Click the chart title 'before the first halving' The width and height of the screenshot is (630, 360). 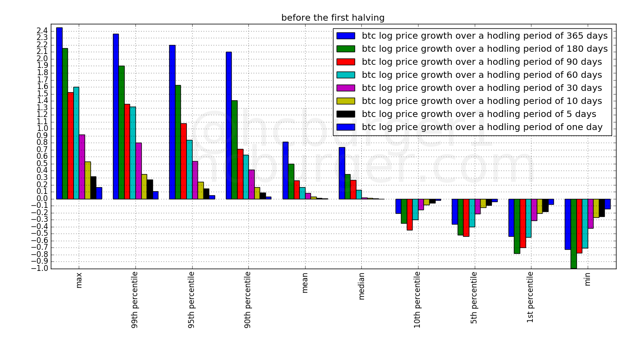point(333,18)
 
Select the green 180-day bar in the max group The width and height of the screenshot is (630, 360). point(65,123)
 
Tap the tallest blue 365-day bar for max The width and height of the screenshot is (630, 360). point(59,113)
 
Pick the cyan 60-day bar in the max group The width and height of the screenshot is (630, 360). point(76,143)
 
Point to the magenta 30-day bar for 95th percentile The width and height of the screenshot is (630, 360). point(195,180)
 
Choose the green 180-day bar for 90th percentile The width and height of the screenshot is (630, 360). point(234,149)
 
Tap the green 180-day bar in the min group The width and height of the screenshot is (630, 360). point(573,234)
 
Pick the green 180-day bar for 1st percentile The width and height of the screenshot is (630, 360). point(517,226)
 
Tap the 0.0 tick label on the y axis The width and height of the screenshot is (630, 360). point(42,199)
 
